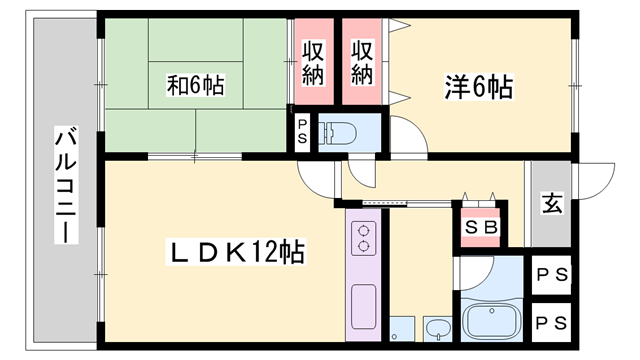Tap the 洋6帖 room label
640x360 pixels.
[x=479, y=87]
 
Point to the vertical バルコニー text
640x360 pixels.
[x=64, y=187]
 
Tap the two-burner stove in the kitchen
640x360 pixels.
[x=361, y=239]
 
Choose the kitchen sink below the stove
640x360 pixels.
[x=363, y=303]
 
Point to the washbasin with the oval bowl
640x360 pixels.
[x=438, y=327]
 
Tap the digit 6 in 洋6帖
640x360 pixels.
[x=478, y=87]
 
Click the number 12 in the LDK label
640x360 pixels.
[x=267, y=251]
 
